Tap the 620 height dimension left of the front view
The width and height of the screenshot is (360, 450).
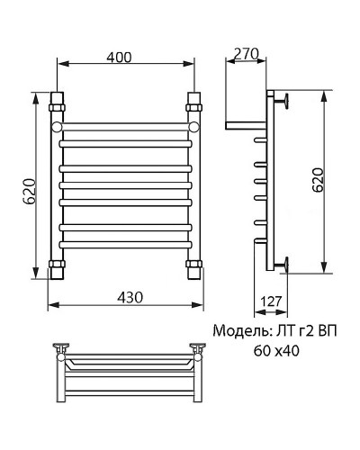click(x=30, y=191)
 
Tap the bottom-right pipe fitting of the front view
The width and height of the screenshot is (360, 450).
click(x=193, y=266)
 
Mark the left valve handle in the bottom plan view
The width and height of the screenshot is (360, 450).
click(x=63, y=347)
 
